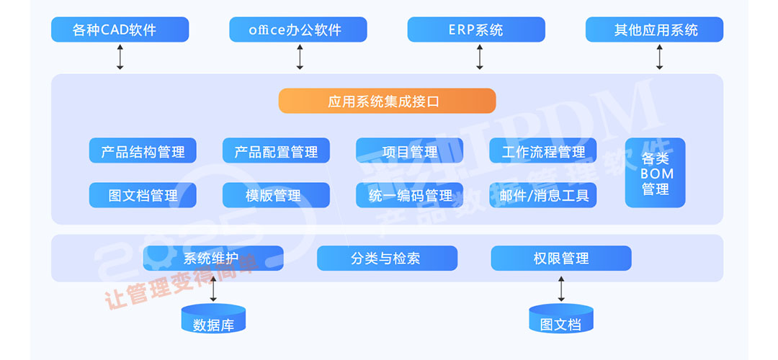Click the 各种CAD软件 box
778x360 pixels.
[120, 30]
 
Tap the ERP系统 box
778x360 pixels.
[475, 30]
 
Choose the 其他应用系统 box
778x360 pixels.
[654, 30]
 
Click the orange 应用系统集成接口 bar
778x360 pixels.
[387, 101]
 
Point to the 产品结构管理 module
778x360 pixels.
[143, 150]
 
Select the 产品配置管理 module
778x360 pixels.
[276, 150]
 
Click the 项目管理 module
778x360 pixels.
[409, 150]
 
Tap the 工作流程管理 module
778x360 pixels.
[543, 150]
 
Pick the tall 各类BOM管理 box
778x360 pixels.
[655, 173]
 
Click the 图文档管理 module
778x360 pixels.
[143, 195]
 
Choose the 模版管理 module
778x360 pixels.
[276, 195]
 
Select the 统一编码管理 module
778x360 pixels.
[409, 195]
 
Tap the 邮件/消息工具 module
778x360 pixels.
[543, 195]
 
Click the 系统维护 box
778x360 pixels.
[213, 258]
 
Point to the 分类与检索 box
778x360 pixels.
[387, 258]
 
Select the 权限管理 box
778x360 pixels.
[561, 258]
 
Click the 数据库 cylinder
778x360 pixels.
[213, 319]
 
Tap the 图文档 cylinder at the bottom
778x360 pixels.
[561, 319]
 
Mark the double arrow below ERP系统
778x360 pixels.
[479, 57]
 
